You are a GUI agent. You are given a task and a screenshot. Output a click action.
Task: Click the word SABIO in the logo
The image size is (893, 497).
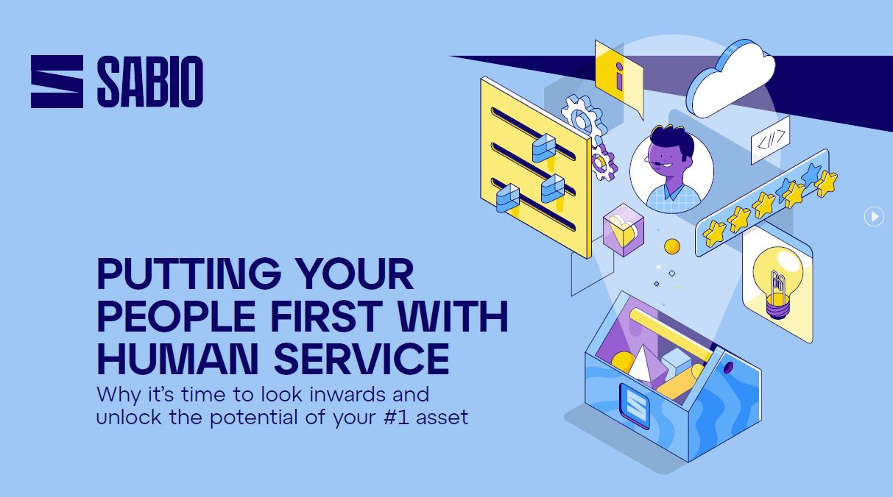(150, 82)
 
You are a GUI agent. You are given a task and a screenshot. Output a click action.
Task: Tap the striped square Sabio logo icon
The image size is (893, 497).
(57, 82)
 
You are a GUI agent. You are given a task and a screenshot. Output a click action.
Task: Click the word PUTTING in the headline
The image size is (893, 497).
(189, 273)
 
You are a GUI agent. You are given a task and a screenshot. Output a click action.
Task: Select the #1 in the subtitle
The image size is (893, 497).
(397, 417)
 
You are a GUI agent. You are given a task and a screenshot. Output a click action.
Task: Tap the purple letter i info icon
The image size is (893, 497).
(618, 76)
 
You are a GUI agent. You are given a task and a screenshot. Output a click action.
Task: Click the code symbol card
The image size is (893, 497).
(770, 140)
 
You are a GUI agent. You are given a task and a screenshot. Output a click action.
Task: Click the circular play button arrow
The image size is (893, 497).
(875, 216)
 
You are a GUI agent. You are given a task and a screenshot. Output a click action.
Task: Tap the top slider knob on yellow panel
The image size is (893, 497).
(544, 149)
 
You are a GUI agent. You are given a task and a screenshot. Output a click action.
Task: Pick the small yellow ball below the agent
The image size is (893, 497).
(672, 246)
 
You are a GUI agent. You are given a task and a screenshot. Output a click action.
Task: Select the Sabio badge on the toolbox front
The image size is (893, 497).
(635, 405)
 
